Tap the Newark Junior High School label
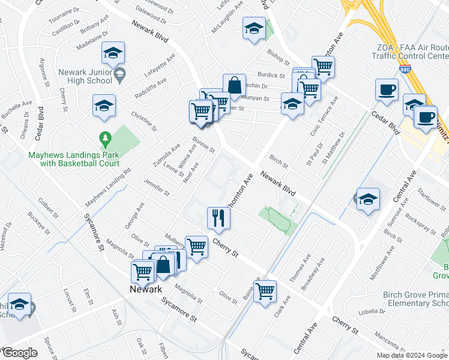[85, 76]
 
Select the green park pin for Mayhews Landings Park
[106, 140]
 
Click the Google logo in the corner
[20, 353]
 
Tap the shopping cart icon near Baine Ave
[265, 292]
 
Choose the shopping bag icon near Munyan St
[234, 85]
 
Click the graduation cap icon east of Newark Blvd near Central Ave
[367, 199]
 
